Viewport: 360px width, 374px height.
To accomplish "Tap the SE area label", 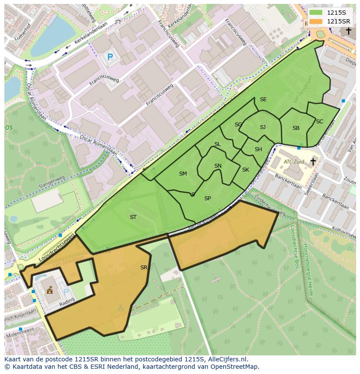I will (263, 99).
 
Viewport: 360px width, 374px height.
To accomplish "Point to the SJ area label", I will (263, 127).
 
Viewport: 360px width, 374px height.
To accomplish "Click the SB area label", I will (296, 128).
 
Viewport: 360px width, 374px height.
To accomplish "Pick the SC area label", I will (320, 122).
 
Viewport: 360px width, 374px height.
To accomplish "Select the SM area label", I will (183, 174).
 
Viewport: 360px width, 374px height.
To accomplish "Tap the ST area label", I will (133, 217).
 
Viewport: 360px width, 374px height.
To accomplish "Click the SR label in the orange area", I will (144, 268).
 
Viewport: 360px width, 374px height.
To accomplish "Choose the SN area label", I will (218, 166).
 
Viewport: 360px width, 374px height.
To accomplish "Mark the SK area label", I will (246, 170).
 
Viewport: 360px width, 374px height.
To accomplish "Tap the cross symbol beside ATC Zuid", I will (313, 162).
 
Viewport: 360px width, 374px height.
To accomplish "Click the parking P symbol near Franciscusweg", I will (110, 57).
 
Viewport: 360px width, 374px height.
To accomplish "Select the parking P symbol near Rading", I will (66, 292).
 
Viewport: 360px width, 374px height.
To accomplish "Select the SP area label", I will (207, 199).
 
